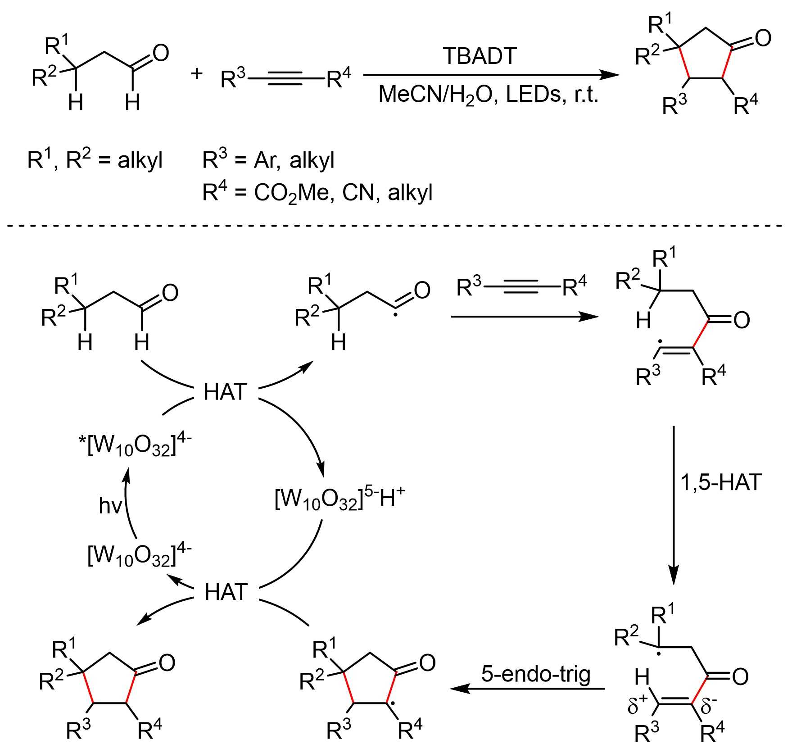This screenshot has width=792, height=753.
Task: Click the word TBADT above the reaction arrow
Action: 480,56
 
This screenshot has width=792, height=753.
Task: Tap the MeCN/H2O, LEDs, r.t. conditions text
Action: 489,95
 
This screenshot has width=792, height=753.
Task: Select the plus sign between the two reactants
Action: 197,73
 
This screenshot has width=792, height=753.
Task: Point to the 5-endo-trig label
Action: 536,674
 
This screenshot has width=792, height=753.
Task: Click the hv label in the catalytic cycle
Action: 110,506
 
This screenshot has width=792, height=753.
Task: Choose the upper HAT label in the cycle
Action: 225,392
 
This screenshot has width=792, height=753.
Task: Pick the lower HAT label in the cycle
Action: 226,592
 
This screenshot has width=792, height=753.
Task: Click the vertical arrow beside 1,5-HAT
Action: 674,504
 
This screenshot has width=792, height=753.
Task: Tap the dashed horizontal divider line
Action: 396,225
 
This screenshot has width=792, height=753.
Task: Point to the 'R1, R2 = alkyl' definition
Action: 95,160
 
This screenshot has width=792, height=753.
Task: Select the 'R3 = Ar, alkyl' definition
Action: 268,160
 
